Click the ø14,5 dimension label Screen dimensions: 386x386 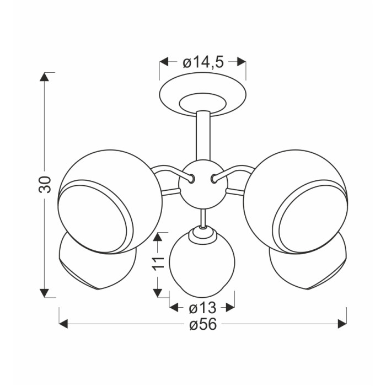[203, 62]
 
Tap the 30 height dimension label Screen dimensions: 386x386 [45, 184]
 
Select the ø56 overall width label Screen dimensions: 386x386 [203, 324]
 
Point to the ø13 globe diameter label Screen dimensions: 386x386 [202, 308]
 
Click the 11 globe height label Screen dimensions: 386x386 [158, 264]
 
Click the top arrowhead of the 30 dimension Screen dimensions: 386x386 [44, 77]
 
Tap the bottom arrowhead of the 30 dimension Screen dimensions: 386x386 [44, 293]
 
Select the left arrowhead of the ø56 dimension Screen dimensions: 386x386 [63, 324]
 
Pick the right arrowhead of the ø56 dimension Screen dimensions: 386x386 [342, 324]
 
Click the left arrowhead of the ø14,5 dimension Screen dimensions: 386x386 [164, 62]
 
